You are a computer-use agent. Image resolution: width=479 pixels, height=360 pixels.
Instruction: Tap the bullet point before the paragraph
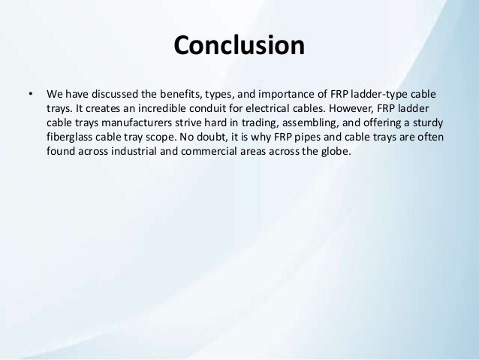30,95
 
